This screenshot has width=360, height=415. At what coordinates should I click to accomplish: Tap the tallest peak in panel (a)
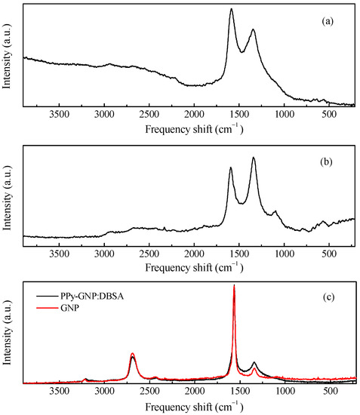[x=231, y=10]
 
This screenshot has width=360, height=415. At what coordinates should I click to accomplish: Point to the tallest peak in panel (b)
[x=254, y=158]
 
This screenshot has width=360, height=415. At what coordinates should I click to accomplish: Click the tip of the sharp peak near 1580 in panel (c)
[x=234, y=286]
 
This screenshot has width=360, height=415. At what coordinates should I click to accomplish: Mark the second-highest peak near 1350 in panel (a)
[x=253, y=30]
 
